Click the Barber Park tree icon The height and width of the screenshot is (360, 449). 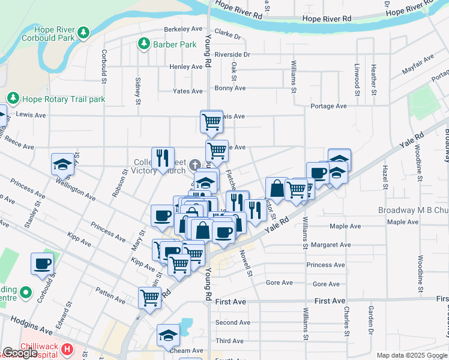click(x=144, y=44)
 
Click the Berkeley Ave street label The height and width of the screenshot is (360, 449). click(x=184, y=29)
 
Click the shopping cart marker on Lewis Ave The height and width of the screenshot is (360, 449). click(x=211, y=121)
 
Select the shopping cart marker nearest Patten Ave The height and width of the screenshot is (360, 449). click(x=149, y=297)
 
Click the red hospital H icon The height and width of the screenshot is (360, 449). click(x=67, y=348)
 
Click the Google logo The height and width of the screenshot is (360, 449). click(x=20, y=353)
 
